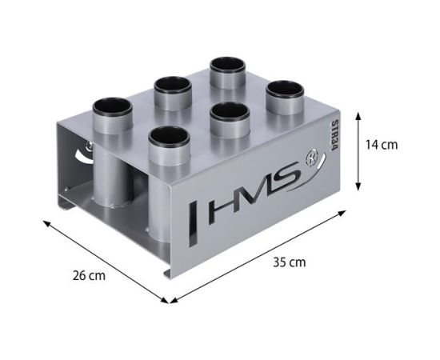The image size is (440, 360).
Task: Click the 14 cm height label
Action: click(x=380, y=145)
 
